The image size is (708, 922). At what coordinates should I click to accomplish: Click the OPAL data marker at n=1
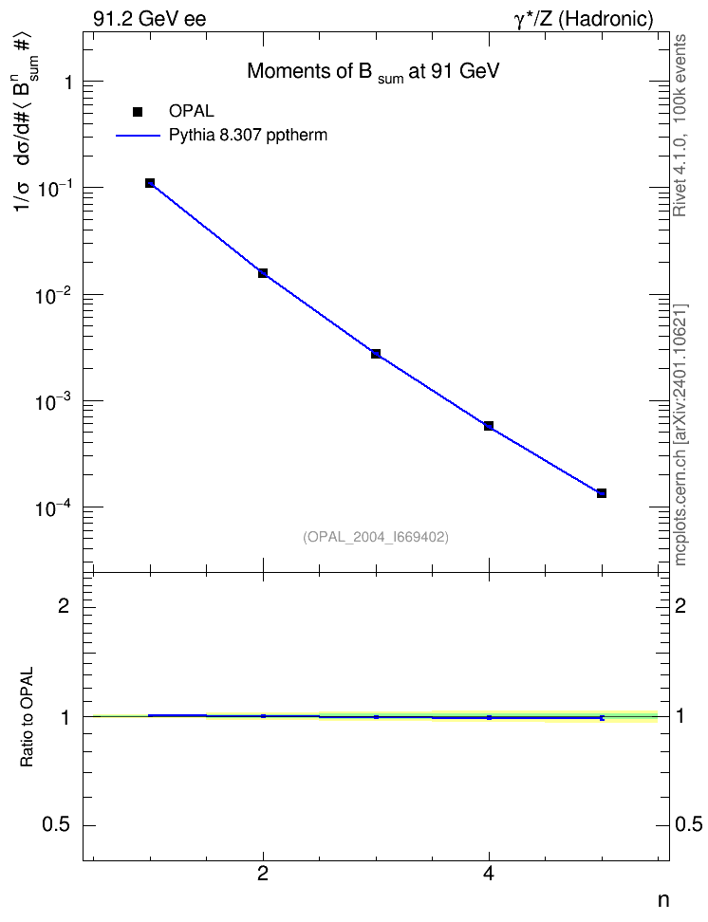point(150,183)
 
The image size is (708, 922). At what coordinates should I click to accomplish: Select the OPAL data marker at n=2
point(263,273)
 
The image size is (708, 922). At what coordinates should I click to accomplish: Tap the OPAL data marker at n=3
point(376,354)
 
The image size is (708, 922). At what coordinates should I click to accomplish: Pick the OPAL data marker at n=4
point(489,426)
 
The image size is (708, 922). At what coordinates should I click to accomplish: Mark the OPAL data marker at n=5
point(602,492)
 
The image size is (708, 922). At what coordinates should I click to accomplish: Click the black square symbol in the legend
point(138,112)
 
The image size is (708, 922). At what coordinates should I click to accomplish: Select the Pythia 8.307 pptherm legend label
point(248,136)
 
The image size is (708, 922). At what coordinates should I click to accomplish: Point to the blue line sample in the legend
point(138,136)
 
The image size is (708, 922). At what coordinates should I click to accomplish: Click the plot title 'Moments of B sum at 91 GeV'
point(373,72)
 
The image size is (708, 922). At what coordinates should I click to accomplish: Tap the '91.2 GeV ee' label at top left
point(150,19)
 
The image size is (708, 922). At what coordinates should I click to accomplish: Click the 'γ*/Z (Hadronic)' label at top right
point(584,19)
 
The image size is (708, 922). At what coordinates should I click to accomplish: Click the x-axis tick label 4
point(489,875)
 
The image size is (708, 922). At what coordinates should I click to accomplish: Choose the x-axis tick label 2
point(263,875)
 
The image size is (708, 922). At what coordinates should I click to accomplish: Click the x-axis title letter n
point(662,900)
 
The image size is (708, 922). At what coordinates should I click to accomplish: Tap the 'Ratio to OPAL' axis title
point(27,716)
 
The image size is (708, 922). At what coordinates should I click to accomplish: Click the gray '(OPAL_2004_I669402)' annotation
point(376,537)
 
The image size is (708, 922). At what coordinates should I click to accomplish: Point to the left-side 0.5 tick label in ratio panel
point(56,825)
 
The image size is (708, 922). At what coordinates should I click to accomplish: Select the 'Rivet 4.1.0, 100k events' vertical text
point(680,125)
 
